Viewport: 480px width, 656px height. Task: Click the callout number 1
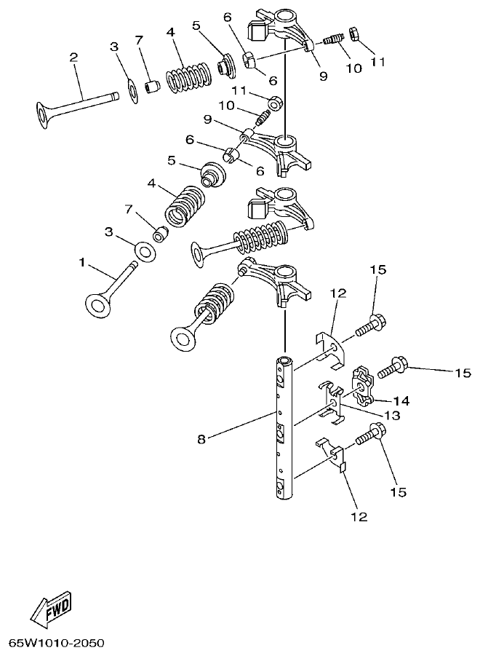[81, 260]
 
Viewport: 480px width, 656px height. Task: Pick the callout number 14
[402, 400]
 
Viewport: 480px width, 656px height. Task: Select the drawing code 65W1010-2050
[56, 644]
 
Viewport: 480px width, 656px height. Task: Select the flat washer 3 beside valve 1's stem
[145, 252]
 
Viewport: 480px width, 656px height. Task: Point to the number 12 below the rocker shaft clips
[359, 517]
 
